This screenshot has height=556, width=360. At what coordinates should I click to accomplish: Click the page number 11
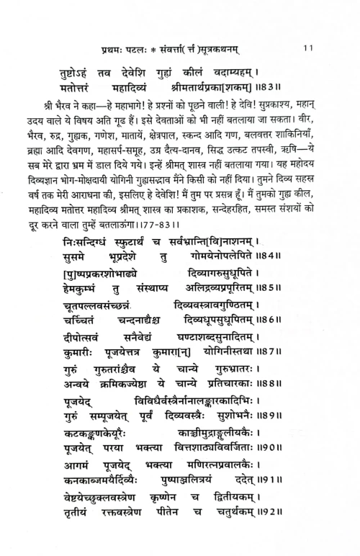tap(307, 48)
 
